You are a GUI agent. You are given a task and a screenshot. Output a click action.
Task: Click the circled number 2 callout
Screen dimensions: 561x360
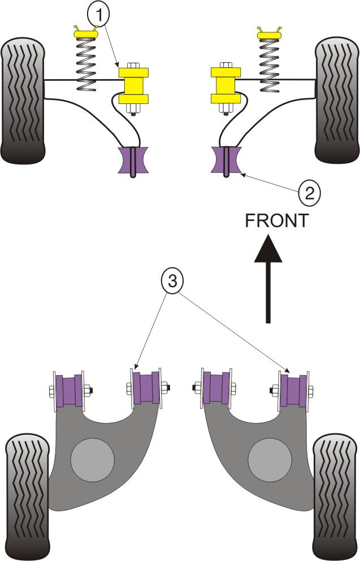309,194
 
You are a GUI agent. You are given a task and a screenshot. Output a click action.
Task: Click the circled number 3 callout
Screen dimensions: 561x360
172,281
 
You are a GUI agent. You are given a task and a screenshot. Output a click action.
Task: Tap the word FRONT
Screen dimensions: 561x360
277,220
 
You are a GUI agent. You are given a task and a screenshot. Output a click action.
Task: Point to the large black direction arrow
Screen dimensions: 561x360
268,277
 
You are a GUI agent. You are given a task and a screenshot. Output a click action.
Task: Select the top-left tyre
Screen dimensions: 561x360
23,99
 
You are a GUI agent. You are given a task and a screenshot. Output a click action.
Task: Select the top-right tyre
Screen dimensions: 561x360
337,99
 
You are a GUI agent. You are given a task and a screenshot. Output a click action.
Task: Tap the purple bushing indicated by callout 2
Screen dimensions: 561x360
226,160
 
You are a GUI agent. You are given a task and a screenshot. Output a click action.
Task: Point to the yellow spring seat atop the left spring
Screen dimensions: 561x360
85,35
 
